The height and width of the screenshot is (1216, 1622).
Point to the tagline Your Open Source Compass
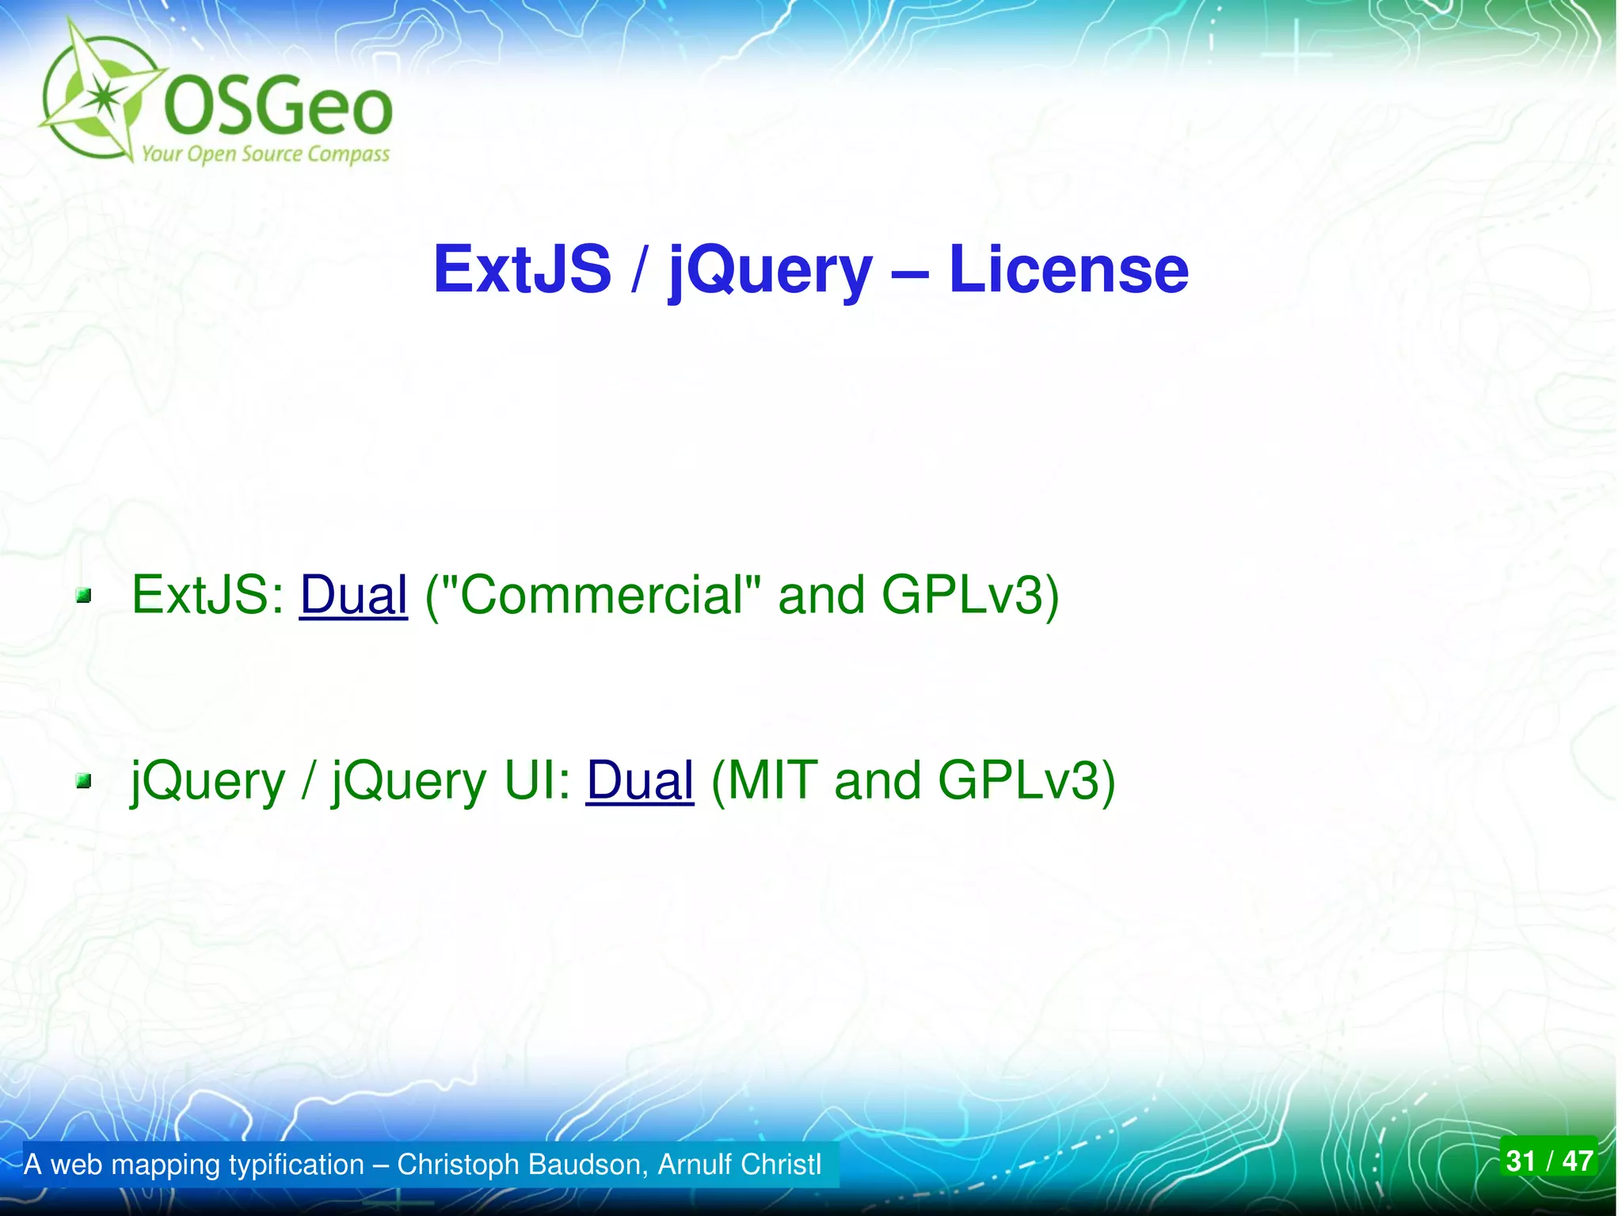point(265,154)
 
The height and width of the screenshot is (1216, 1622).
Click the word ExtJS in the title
point(523,269)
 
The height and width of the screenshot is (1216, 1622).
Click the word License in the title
point(1068,269)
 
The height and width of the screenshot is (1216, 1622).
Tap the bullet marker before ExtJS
point(84,596)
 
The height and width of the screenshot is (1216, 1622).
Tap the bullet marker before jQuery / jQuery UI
point(84,782)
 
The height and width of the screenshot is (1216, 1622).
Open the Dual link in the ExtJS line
point(353,595)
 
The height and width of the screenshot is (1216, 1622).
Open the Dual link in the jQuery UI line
point(640,780)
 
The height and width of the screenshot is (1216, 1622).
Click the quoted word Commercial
point(601,595)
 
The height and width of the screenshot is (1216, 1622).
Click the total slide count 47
point(1577,1161)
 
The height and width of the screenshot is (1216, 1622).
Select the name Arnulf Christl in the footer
point(739,1165)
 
